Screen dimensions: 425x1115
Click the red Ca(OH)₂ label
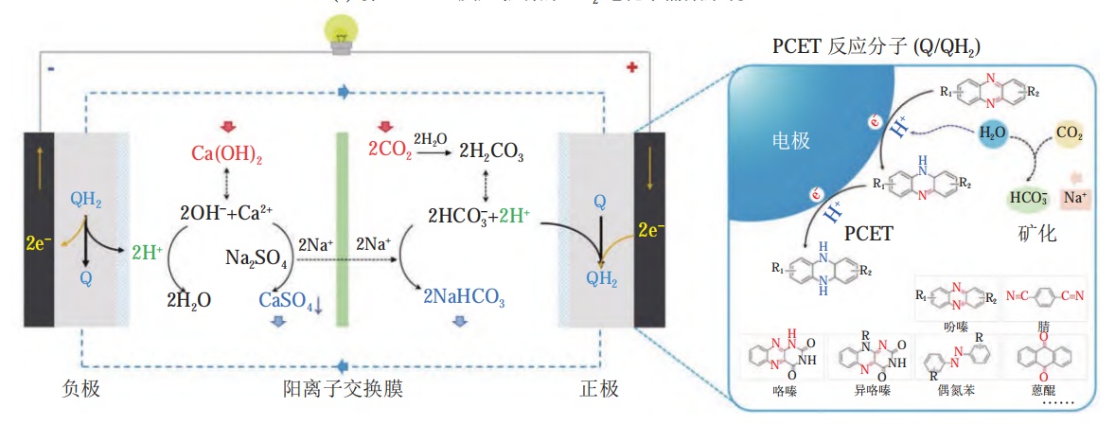point(227,153)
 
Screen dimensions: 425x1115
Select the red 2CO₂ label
point(389,150)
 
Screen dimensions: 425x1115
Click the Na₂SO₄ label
point(257,257)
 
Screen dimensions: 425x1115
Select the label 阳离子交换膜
point(343,389)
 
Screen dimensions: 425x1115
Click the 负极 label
point(80,389)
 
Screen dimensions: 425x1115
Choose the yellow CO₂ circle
point(1067,133)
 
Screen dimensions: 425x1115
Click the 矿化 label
point(1036,233)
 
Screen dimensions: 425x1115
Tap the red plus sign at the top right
point(632,68)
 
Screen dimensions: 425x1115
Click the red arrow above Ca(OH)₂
point(227,128)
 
